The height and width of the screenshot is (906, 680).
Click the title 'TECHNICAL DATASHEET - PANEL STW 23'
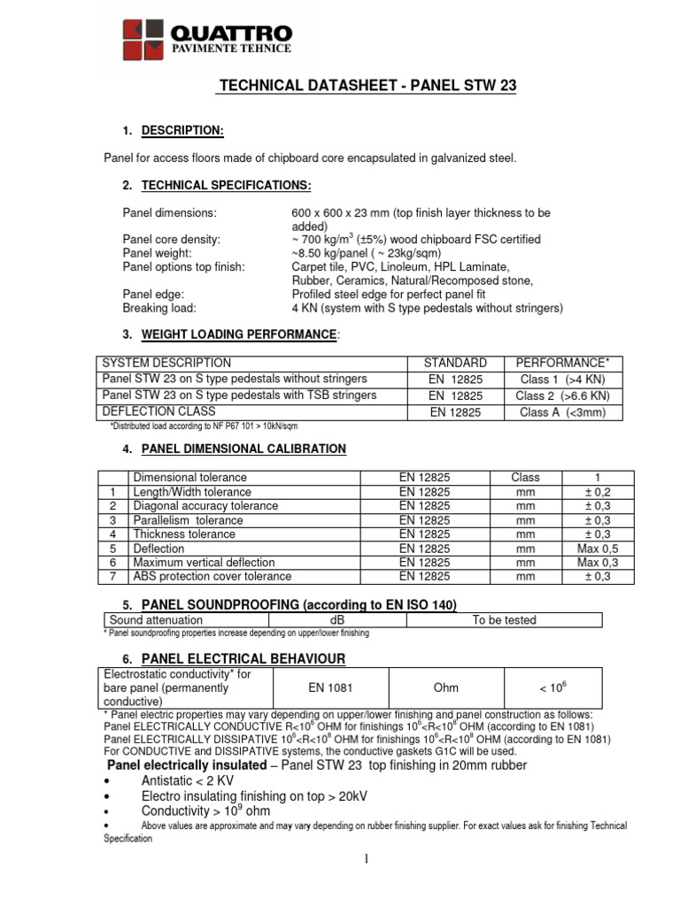point(367,86)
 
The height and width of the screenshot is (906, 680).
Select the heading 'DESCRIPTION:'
point(182,132)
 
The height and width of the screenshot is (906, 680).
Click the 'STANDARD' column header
point(455,364)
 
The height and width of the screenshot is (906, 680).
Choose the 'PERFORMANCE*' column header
point(563,364)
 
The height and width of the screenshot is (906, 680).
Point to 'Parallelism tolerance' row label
point(188,520)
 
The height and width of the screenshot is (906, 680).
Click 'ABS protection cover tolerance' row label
point(212,577)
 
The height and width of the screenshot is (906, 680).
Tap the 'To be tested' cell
point(504,620)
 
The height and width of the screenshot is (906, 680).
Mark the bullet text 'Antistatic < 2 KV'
point(188,780)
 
